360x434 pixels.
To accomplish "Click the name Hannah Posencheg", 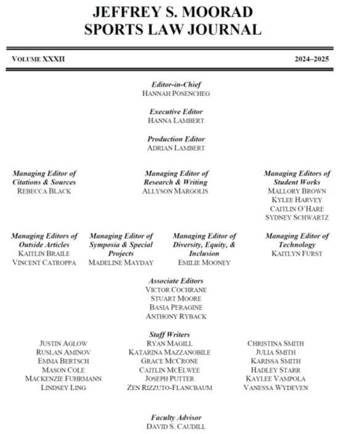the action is point(176,94).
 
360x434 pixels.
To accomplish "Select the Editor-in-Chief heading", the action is point(176,84).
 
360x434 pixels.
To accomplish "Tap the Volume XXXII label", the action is point(38,58).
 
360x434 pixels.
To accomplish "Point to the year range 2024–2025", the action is point(313,58).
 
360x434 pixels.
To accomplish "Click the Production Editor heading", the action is point(176,139).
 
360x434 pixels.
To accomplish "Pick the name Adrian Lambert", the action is point(176,148).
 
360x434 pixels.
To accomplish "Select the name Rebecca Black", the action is point(44,191).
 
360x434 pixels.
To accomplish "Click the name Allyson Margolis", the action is point(176,191).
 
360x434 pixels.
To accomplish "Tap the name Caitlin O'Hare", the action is point(297,209).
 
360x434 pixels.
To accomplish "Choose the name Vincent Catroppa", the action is point(44,262).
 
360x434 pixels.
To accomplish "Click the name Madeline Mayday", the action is point(121,262).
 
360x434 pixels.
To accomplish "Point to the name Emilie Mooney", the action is point(204,262).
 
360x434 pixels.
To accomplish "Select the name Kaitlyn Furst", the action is point(297,253).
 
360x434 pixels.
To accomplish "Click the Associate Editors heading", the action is point(176,281).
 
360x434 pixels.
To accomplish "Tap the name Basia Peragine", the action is point(176,307).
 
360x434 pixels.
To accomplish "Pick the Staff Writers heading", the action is point(176,334).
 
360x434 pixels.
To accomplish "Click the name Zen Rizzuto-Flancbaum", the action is point(176,388).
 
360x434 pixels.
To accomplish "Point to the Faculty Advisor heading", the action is point(176,417).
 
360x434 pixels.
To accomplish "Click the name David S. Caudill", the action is point(176,427).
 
